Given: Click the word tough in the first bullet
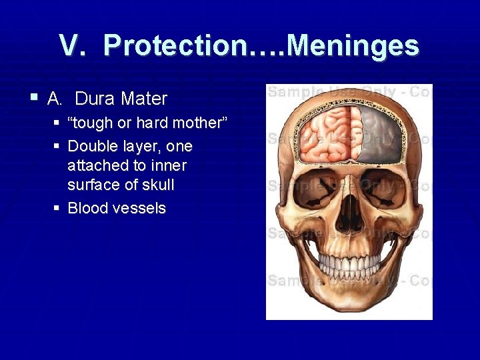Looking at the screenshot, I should click(x=95, y=123).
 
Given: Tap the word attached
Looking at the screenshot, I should click(x=94, y=165).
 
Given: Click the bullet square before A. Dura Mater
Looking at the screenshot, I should click(x=34, y=98).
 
